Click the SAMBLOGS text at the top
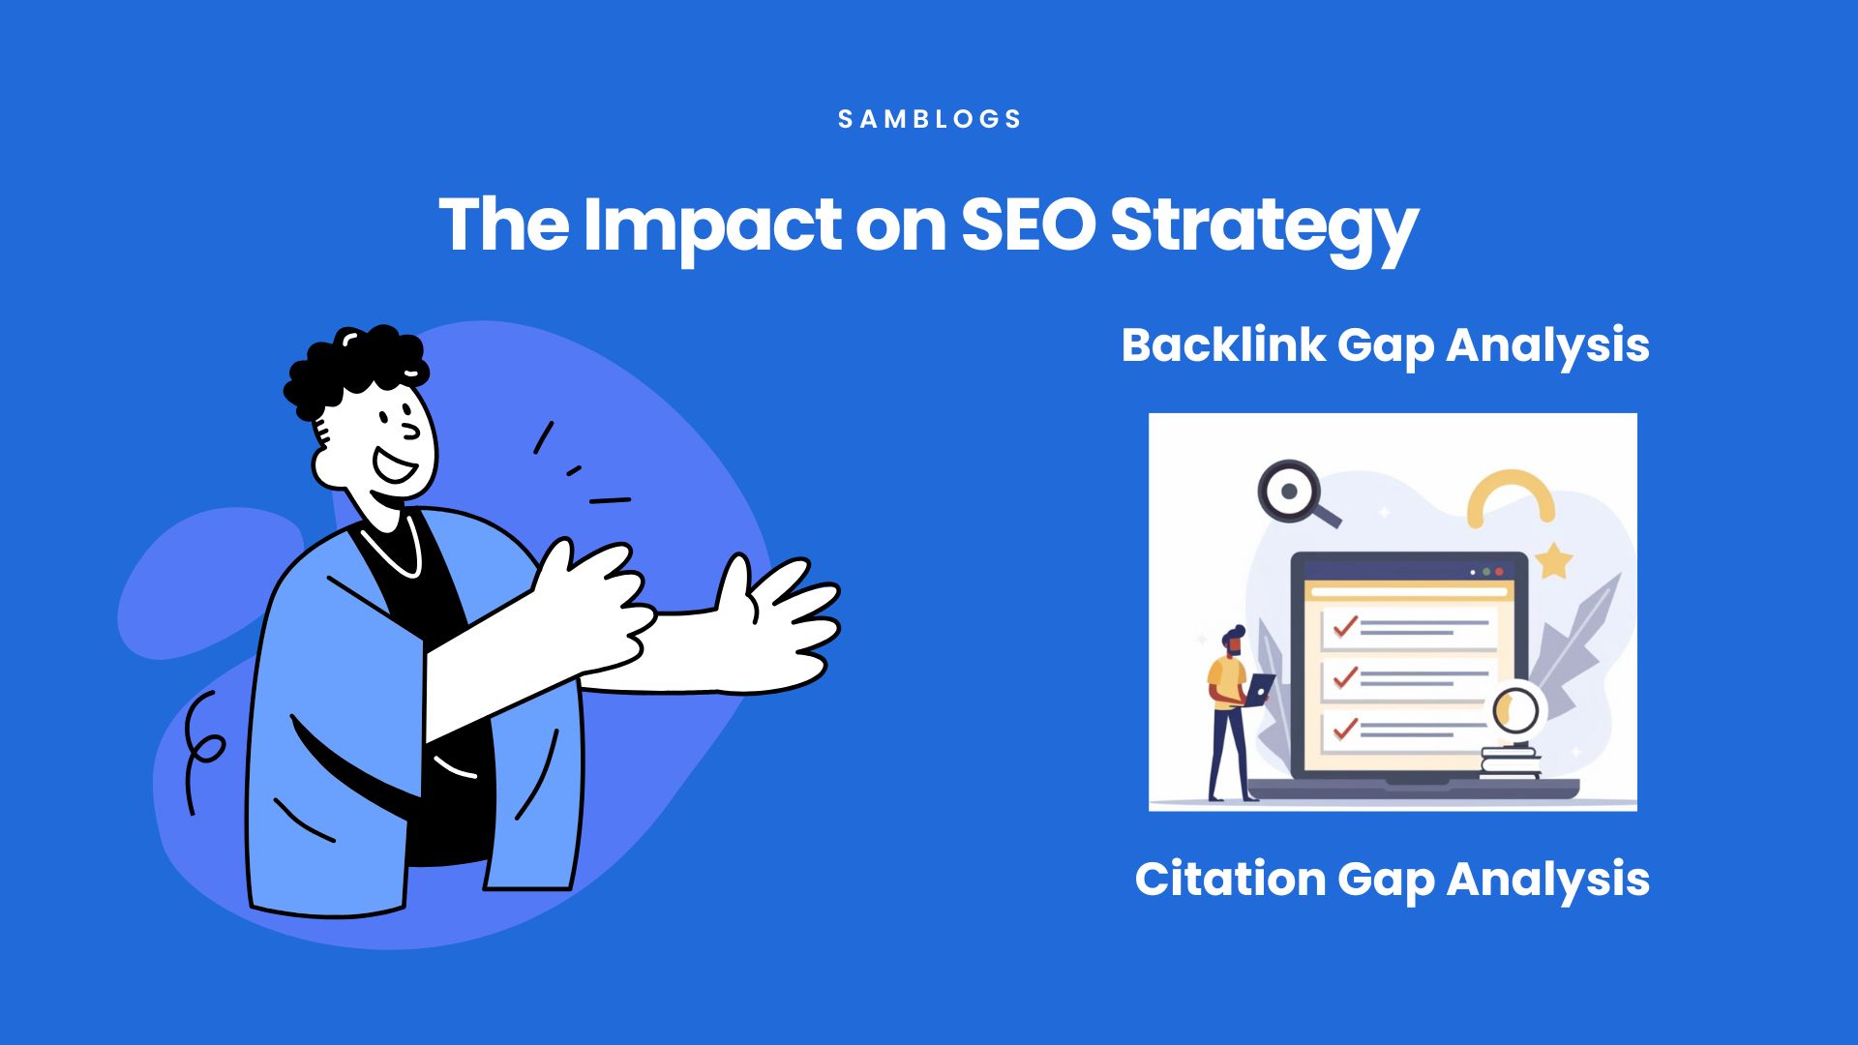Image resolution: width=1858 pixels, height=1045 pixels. (929, 119)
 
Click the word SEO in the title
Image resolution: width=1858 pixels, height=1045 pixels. (1027, 224)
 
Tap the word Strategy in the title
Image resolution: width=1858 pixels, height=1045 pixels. (1264, 228)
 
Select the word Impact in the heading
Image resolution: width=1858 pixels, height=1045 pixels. (711, 228)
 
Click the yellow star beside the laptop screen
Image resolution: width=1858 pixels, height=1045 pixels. (1553, 560)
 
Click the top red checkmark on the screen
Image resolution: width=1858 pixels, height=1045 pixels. (1345, 627)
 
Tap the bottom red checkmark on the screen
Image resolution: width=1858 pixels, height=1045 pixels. (1345, 728)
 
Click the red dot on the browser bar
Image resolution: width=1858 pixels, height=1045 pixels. (1499, 572)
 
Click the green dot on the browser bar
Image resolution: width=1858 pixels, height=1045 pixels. (1486, 572)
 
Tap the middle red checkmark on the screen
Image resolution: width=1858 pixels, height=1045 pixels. (1345, 677)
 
